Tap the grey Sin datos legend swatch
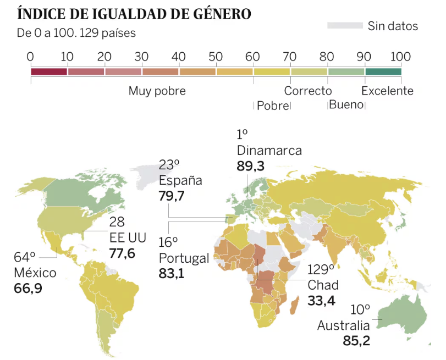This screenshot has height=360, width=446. tap(345, 26)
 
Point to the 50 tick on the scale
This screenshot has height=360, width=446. tap(216, 56)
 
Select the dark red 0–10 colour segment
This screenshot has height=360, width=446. tap(49, 71)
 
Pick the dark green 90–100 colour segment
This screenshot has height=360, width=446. tap(383, 71)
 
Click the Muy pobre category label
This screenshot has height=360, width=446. tap(157, 91)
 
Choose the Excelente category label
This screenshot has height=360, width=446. tap(387, 91)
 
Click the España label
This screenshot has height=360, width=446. tap(180, 180)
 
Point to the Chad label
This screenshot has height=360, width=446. tap(323, 285)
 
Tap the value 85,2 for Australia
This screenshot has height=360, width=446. tap(356, 341)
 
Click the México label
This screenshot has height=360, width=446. tap(35, 273)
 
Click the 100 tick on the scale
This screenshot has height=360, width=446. tap(401, 56)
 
